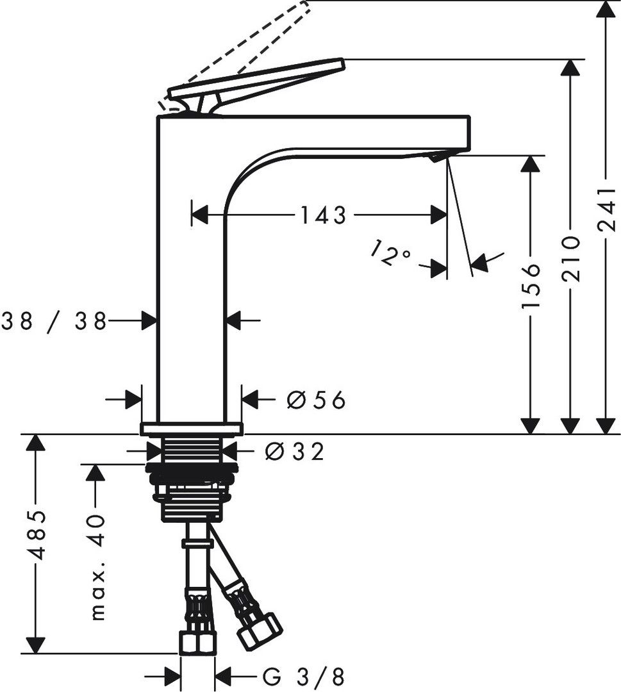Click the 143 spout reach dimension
tap(323, 215)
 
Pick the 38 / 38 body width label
tap(54, 321)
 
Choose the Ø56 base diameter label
tap(315, 400)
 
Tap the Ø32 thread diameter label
tap(294, 452)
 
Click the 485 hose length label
tap(35, 535)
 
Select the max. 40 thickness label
tap(97, 568)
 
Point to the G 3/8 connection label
tap(303, 676)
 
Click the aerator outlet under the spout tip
tap(438, 156)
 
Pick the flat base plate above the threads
tap(192, 429)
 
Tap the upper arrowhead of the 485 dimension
tap(35, 442)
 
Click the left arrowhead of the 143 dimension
tap(200, 215)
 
